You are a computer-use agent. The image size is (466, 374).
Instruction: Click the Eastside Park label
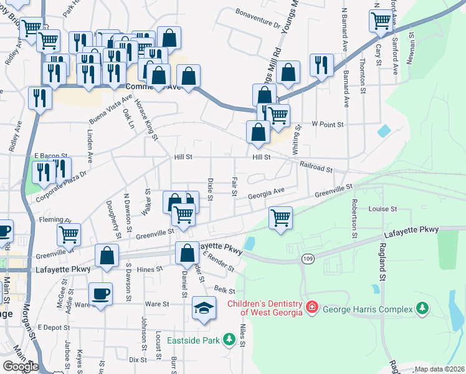(194, 341)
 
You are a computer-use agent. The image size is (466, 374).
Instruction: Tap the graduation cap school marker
(203, 309)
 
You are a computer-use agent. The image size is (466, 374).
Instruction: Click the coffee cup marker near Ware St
(100, 294)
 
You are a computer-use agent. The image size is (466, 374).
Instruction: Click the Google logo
(21, 367)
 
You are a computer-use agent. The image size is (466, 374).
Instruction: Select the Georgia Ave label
(266, 194)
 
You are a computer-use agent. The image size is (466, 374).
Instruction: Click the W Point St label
(328, 125)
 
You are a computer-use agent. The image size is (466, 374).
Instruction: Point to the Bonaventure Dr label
(258, 19)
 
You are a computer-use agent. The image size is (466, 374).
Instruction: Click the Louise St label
(383, 209)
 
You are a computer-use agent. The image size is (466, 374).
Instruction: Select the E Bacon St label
(45, 154)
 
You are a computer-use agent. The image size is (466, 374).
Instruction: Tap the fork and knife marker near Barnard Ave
(321, 65)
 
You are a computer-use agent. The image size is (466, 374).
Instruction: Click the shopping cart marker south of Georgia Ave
(281, 218)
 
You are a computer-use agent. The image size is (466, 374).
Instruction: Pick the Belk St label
(223, 290)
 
